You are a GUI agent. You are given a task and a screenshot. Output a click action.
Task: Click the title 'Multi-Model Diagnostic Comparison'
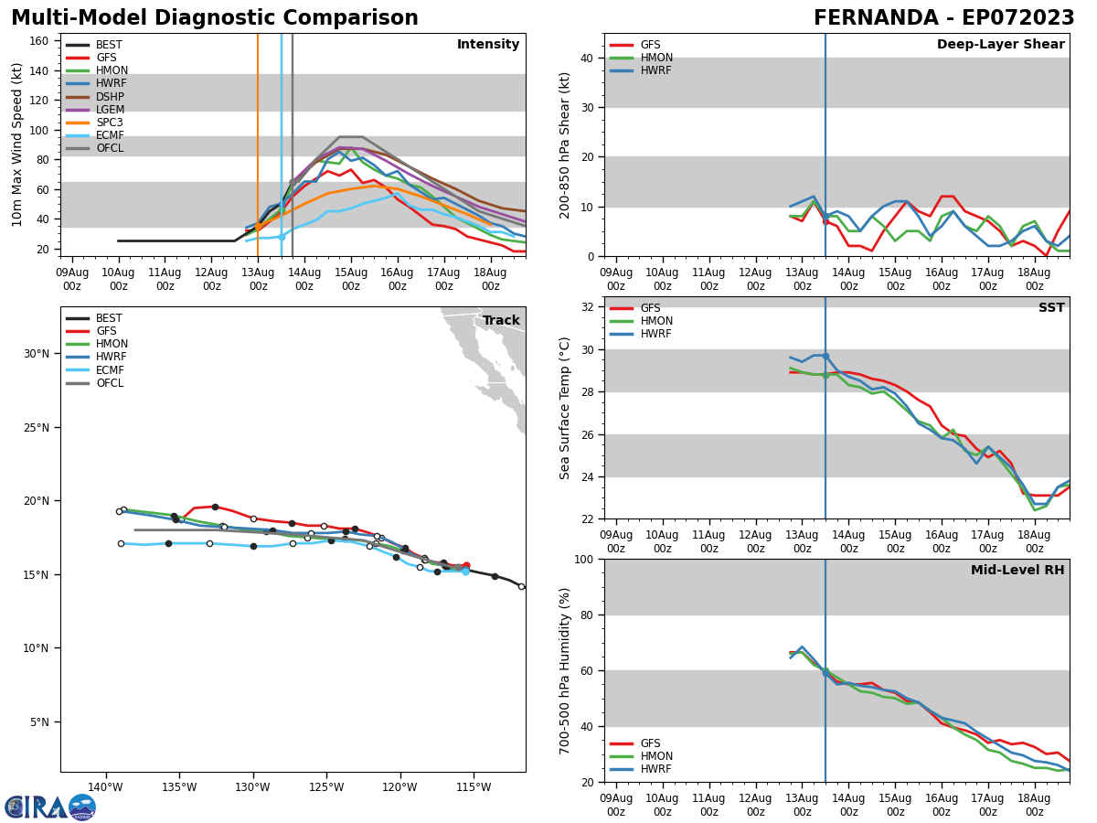215,18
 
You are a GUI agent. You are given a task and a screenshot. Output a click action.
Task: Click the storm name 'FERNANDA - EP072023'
943,18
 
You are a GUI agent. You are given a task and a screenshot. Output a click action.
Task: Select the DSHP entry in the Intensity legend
110,97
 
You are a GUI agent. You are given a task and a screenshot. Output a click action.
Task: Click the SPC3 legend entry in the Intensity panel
109,123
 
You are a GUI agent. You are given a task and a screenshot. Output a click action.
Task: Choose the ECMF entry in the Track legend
110,370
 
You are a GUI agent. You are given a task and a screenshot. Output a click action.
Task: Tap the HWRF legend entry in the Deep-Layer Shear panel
656,70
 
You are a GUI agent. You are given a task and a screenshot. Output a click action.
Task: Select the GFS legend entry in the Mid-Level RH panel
650,743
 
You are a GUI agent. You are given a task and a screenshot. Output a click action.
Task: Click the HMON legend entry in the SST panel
656,321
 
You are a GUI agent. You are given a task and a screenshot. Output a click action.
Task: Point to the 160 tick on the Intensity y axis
39,40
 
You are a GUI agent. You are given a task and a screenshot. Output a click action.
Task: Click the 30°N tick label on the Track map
37,354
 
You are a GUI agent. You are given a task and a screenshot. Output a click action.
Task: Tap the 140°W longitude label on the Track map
105,787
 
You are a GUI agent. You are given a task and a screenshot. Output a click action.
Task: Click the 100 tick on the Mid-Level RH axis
582,559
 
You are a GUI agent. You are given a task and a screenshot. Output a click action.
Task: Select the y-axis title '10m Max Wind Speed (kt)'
17,144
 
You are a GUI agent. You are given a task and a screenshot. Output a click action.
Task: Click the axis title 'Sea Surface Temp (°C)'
565,408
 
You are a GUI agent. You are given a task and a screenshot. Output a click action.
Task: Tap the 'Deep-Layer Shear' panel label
1000,45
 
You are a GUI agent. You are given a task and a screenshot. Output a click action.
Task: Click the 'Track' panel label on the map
501,321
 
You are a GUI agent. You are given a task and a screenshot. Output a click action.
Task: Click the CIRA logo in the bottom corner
50,807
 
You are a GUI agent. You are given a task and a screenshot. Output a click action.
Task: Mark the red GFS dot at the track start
466,566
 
